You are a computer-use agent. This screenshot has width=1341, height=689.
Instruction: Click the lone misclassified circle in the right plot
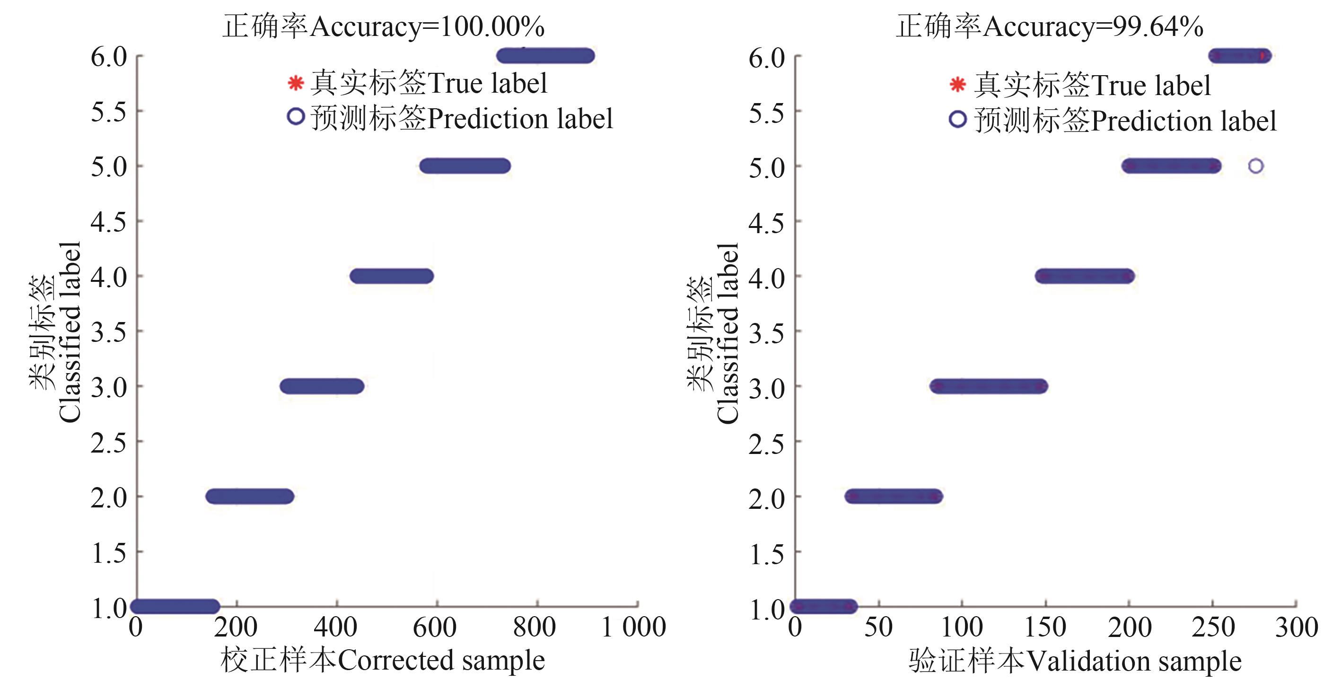(x=1256, y=166)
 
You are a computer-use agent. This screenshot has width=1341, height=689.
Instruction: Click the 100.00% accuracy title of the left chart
(x=384, y=26)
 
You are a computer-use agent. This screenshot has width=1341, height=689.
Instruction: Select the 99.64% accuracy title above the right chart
(x=1050, y=26)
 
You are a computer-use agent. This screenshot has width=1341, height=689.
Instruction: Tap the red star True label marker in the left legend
(x=296, y=83)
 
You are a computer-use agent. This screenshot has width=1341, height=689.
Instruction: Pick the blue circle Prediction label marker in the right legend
(x=958, y=119)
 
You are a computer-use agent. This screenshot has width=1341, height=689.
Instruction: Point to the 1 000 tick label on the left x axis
(x=633, y=627)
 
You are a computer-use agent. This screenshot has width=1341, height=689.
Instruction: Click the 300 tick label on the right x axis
(x=1296, y=627)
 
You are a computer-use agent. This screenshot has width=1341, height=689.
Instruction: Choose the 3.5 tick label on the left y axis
(x=109, y=331)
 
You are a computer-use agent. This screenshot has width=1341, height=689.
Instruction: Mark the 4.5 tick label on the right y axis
(x=766, y=223)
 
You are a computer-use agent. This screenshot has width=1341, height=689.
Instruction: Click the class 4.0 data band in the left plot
(x=392, y=276)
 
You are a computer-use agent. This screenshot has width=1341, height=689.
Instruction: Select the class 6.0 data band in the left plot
(x=545, y=56)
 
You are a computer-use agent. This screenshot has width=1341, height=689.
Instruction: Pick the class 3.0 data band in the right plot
(x=989, y=386)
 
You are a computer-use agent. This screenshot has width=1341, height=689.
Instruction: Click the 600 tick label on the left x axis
(x=435, y=627)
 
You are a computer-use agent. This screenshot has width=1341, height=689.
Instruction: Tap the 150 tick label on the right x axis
(x=1045, y=627)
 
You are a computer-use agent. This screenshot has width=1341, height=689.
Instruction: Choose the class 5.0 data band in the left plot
(x=465, y=166)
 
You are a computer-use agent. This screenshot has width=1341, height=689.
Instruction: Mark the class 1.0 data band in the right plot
(x=824, y=606)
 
